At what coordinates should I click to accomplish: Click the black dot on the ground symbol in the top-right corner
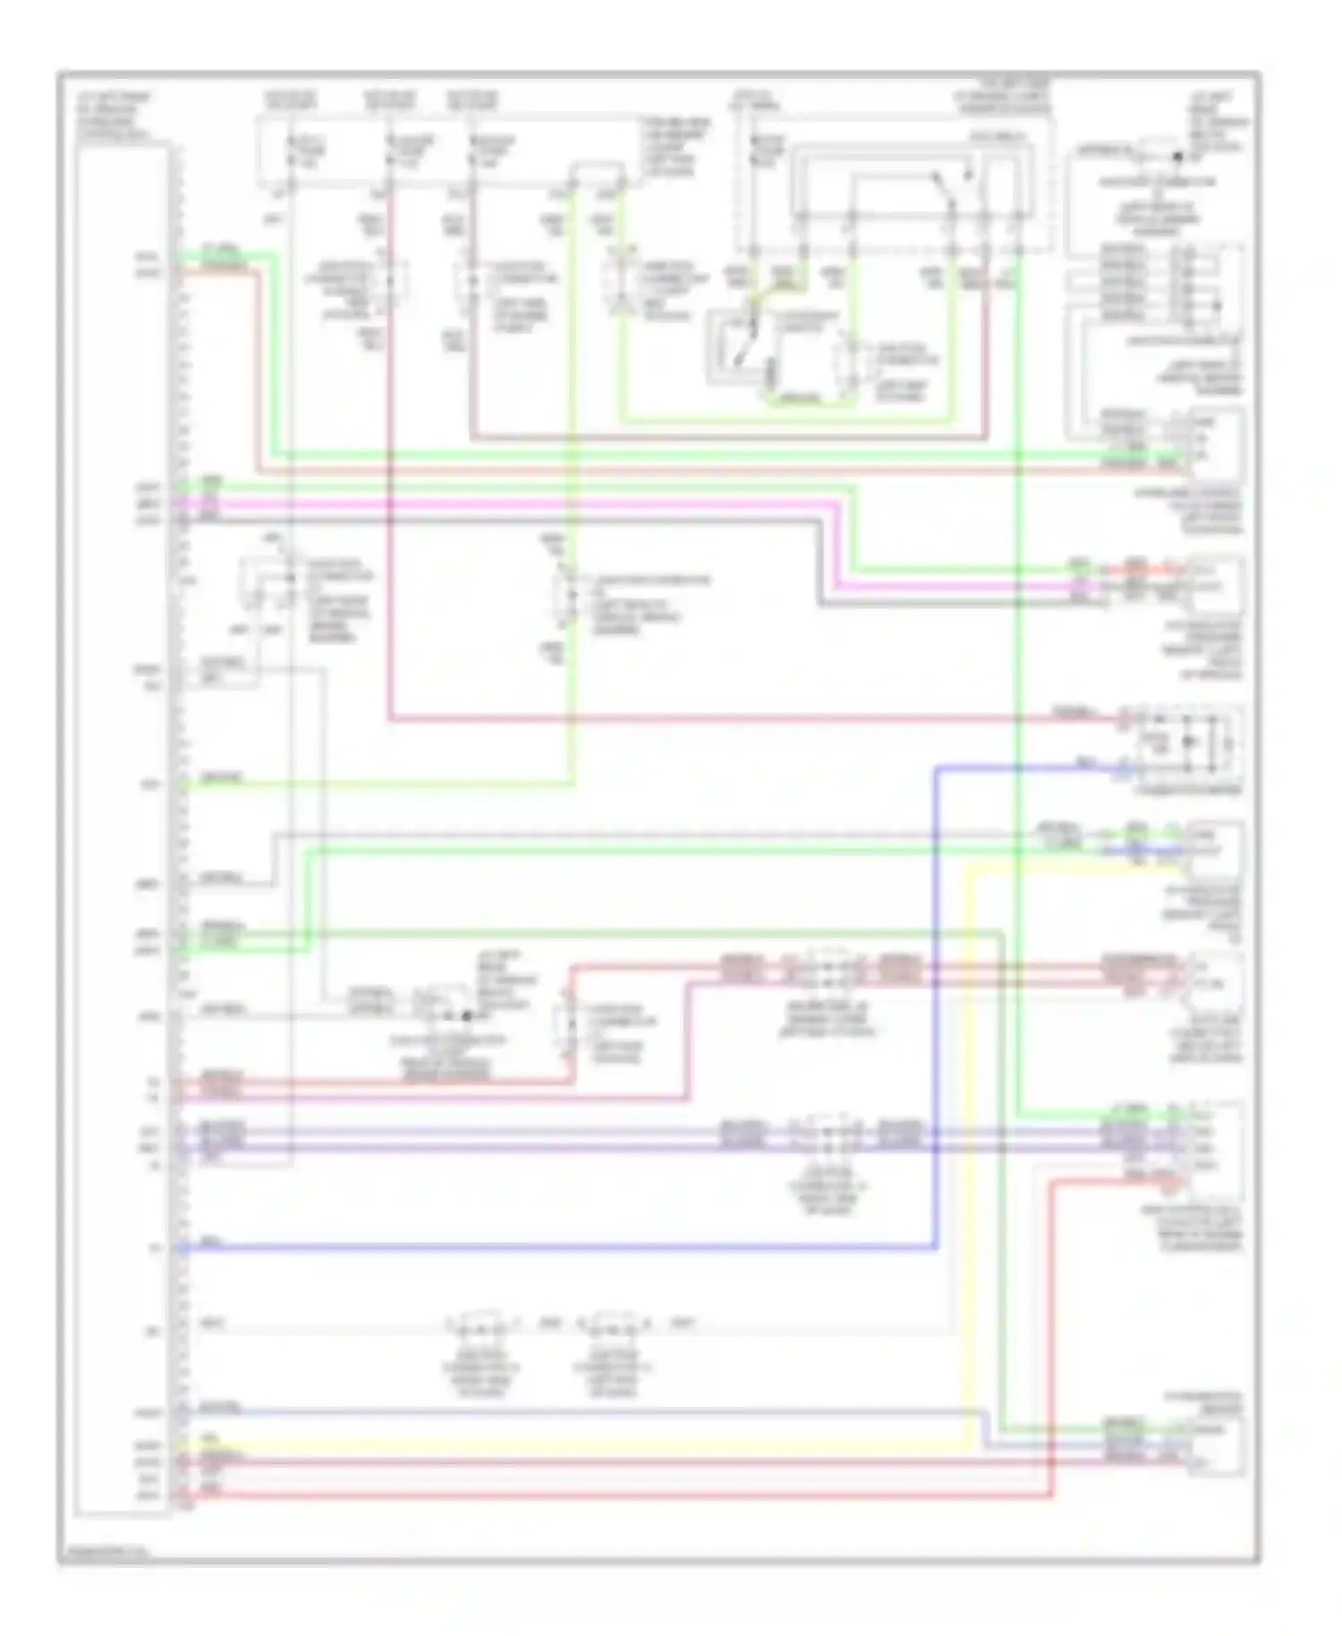[1177, 157]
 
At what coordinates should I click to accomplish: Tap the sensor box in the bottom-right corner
[1215, 1444]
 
